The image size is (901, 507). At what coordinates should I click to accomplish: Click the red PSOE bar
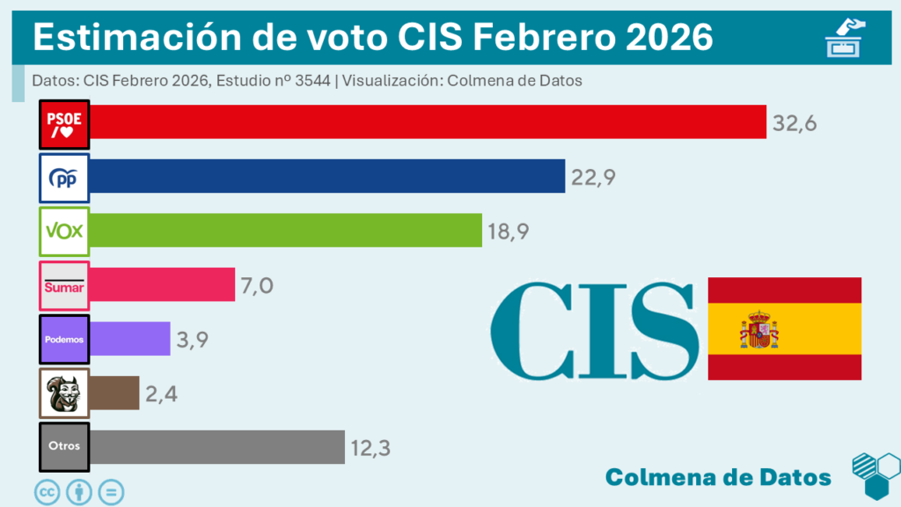pos(428,122)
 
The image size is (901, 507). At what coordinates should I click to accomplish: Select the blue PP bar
pos(326,176)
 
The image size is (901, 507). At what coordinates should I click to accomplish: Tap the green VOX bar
pos(285,231)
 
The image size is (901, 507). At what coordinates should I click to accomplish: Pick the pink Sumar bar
pos(162,285)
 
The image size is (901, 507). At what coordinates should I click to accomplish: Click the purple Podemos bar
pos(129,339)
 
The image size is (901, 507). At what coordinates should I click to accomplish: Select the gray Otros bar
pos(216,446)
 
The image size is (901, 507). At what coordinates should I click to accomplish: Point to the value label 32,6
pos(795,123)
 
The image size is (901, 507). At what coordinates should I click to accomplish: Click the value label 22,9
pos(592,177)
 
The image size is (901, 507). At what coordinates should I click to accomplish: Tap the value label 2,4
pos(163,393)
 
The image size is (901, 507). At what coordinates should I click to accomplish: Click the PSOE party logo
pos(65,125)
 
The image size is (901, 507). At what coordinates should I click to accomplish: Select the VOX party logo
pos(65,231)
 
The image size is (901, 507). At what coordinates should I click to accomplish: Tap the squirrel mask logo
pos(65,393)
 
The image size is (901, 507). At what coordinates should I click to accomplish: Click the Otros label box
pos(65,446)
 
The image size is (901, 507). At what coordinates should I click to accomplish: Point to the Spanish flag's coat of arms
pos(758,329)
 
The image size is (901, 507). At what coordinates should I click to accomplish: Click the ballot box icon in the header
pos(845,39)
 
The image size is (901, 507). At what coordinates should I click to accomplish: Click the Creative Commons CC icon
pos(47,491)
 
